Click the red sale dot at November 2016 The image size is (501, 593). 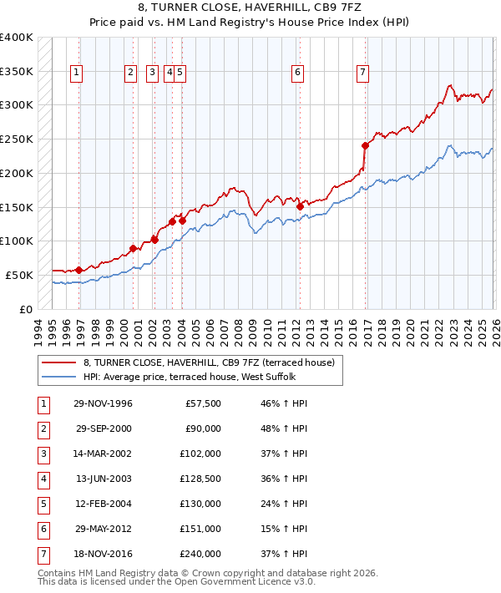point(365,144)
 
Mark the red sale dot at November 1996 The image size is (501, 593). point(78,270)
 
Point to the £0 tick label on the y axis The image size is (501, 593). point(25,309)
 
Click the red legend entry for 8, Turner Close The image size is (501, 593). point(208,362)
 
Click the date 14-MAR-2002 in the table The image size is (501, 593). point(104,454)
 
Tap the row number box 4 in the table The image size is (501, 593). point(43,479)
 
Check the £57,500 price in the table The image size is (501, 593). point(203,403)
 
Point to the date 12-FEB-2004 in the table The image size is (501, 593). point(104,504)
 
